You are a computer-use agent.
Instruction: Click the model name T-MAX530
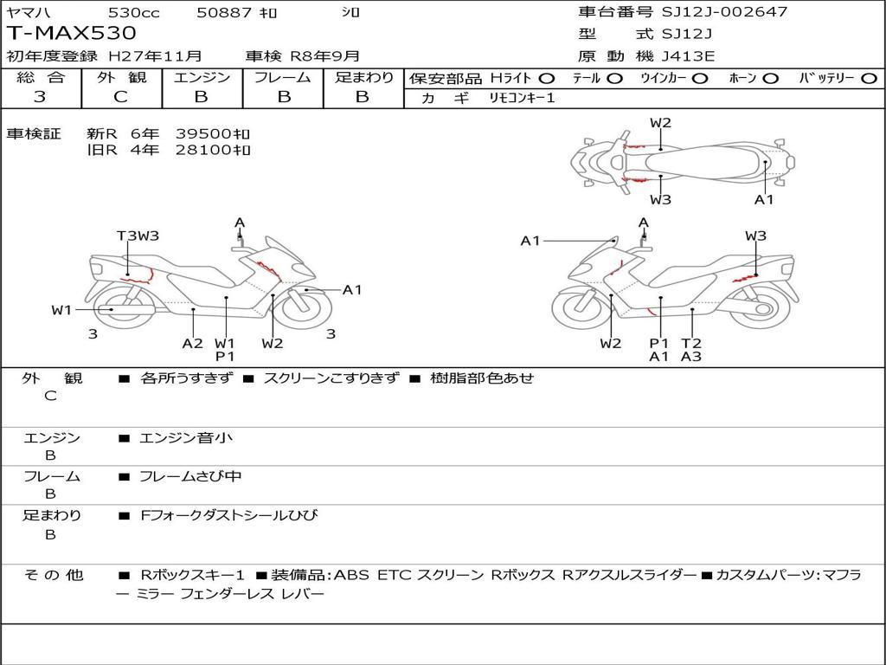72,33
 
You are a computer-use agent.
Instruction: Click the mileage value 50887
224,12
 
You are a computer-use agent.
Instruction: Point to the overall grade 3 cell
40,97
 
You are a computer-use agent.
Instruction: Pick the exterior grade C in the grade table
120,97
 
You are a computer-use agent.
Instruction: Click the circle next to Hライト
547,78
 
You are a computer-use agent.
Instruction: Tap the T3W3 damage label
138,236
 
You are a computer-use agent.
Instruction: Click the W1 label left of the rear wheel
61,310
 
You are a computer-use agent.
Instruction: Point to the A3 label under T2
690,356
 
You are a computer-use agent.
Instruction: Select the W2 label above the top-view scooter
660,123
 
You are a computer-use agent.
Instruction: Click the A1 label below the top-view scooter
764,199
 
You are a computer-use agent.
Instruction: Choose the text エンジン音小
186,438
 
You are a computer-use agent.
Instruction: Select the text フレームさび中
190,476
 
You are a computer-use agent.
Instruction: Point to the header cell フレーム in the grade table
282,77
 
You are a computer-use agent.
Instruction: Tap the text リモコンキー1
522,98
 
